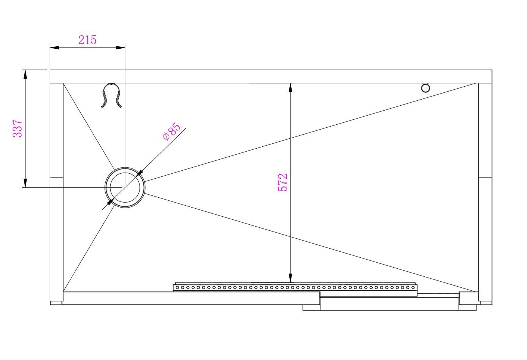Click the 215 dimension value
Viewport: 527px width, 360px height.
(87, 40)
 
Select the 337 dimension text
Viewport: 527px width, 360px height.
(18, 128)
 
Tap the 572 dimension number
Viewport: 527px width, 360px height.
(283, 182)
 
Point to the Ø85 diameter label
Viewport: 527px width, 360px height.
(171, 132)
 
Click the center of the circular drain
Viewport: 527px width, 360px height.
(125, 187)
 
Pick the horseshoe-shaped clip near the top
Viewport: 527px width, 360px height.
(112, 95)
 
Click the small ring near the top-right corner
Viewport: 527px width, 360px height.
(425, 88)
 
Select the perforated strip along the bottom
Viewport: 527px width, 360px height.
(295, 288)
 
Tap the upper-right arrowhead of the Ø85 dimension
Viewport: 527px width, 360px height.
(139, 173)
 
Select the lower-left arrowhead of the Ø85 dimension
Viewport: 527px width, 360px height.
(110, 202)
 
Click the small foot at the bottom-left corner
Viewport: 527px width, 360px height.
(56, 303)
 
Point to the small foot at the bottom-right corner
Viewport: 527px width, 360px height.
(485, 303)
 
